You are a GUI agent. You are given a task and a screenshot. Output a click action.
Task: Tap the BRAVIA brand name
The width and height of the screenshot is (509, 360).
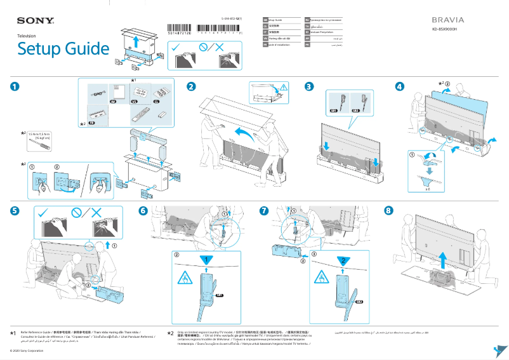click(x=448, y=20)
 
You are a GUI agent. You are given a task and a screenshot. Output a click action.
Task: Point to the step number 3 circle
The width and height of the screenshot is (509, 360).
click(x=308, y=86)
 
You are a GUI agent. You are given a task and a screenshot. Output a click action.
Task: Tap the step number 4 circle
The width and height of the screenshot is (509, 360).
click(x=399, y=86)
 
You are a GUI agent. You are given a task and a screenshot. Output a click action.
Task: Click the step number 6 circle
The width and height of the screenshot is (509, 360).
click(x=143, y=210)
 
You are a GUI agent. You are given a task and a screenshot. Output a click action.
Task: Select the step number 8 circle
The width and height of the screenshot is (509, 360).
click(x=389, y=210)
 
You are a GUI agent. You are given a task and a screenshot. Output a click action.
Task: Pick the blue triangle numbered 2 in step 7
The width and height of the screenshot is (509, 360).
click(x=340, y=259)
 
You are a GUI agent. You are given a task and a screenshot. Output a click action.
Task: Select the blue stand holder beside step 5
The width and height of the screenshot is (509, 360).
click(x=109, y=294)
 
